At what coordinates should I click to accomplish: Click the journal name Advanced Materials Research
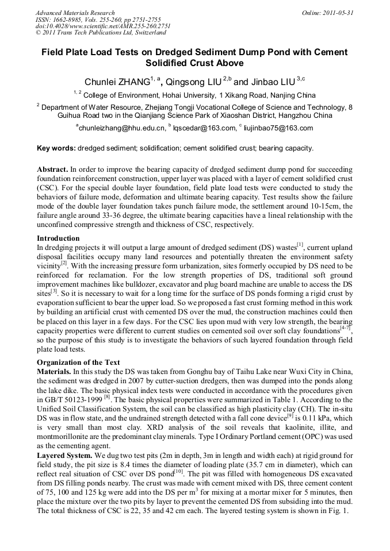tap(75, 13)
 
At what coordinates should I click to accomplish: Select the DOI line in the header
tap(103, 26)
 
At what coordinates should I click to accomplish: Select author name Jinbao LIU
tap(270, 82)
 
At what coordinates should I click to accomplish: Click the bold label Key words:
tap(56, 148)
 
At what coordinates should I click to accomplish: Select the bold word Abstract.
tap(52, 170)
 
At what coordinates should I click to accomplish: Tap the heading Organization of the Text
tap(78, 362)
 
